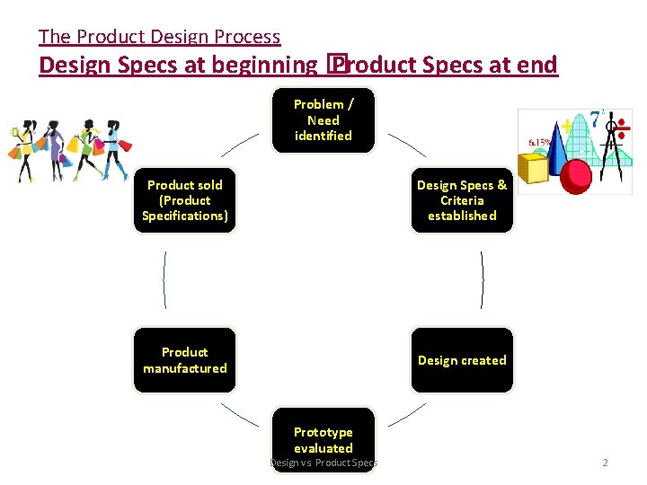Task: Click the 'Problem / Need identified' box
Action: tap(323, 120)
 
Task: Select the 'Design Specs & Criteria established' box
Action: tap(462, 200)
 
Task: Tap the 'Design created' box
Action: tap(462, 360)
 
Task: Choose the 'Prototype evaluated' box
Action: tap(323, 440)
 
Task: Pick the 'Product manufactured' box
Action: tap(184, 360)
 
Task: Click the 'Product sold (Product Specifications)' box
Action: tap(184, 200)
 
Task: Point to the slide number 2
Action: tap(605, 463)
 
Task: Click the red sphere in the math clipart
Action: tap(575, 171)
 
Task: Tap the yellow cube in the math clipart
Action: tap(536, 168)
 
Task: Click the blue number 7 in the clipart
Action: tap(595, 119)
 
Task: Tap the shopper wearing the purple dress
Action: tap(56, 148)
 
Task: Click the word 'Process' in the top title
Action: tap(251, 37)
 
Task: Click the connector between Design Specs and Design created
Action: tap(483, 279)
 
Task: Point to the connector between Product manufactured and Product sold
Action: tap(164, 279)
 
